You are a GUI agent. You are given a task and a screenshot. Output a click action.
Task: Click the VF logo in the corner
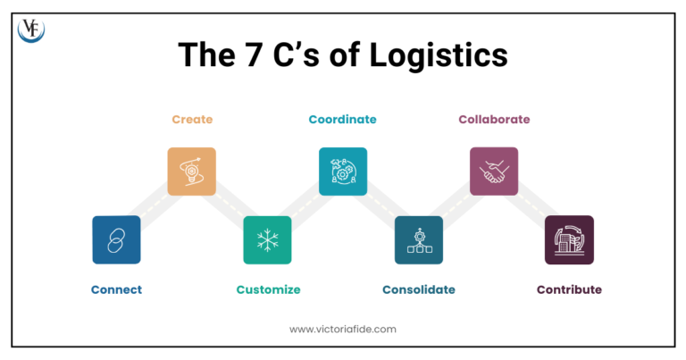coord(31,30)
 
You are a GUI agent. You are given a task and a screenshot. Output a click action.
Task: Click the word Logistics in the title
coord(443,55)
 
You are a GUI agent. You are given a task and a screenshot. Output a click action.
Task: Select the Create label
coord(192,119)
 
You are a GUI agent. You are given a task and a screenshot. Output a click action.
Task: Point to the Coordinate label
coord(342,119)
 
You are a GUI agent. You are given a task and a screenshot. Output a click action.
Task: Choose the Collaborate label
coord(494,119)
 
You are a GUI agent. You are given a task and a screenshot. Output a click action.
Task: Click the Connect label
coord(116,289)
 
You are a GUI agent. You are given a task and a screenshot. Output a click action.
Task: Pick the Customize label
coord(268,289)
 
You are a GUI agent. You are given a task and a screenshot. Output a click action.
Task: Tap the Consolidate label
coord(419,289)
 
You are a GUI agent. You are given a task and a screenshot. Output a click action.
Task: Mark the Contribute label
coord(569,289)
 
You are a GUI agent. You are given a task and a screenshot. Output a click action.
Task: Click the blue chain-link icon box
coord(116,239)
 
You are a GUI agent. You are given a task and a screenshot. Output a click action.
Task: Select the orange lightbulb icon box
coord(192,172)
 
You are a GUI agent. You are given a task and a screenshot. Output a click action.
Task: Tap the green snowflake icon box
coord(267,239)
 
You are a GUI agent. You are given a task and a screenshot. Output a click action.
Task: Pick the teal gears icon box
coord(343,172)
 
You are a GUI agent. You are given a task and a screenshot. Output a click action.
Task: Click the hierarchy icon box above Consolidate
coord(419,239)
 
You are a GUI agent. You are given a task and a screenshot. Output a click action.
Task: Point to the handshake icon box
coord(494,172)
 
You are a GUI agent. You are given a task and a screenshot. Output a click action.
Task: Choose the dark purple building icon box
coord(569,239)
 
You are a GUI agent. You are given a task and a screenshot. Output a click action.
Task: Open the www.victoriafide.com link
coord(343,329)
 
